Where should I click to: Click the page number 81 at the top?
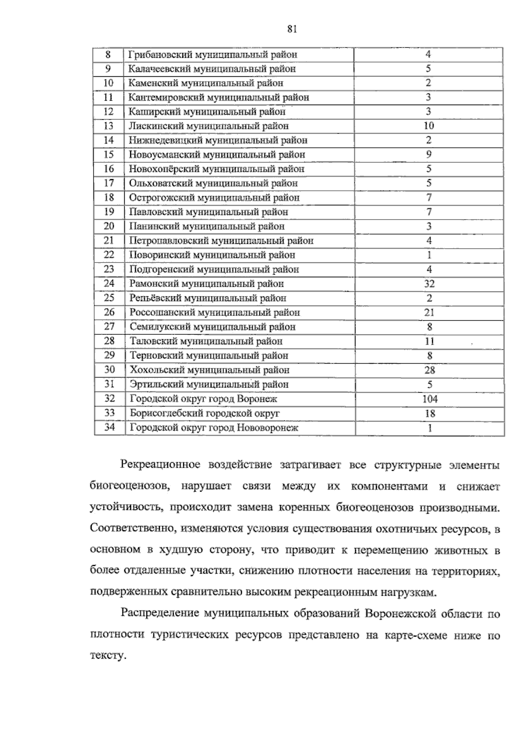pos(292,29)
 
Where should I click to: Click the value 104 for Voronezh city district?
pos(430,399)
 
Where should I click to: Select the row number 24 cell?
pos(109,283)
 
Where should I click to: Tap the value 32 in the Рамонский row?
pos(429,284)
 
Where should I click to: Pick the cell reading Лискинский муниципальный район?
pos(208,126)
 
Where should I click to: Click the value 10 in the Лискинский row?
pos(429,126)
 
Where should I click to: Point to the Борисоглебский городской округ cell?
pos(204,413)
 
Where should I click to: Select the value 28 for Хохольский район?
pos(429,370)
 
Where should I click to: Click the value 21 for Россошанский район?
pos(429,312)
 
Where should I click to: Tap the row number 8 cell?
pos(108,54)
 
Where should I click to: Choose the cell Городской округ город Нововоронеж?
pos(214,427)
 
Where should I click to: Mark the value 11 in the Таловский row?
pos(429,342)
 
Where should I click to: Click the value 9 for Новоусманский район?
pos(429,154)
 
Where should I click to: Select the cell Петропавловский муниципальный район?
pos(221,240)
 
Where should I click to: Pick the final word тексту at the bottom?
pos(107,656)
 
